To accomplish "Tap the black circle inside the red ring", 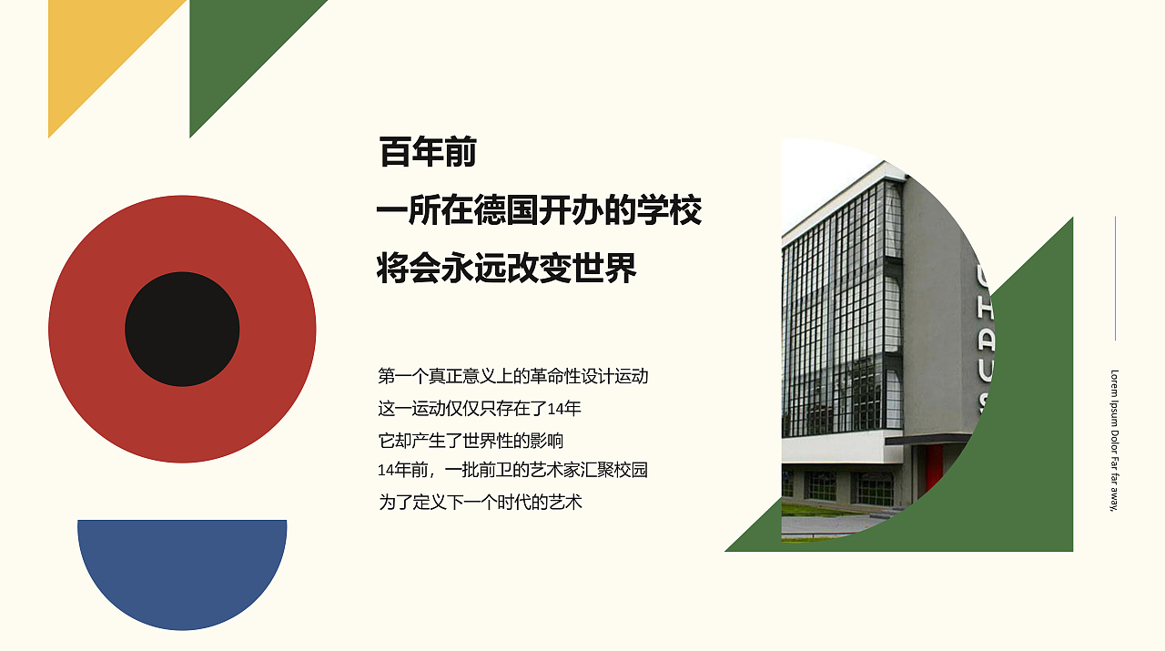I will pyautogui.click(x=182, y=329).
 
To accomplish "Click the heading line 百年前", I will pyautogui.click(x=428, y=153).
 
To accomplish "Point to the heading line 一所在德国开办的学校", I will pyautogui.click(x=539, y=211).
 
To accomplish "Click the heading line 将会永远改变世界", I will pyautogui.click(x=506, y=269).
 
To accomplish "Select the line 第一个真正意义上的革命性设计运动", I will pyautogui.click(x=512, y=375).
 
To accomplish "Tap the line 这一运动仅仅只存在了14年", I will pyautogui.click(x=480, y=408).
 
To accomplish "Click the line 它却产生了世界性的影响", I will pyautogui.click(x=471, y=441).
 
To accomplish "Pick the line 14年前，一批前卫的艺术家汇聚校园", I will pyautogui.click(x=512, y=470).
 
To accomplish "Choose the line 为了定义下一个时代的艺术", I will pyautogui.click(x=480, y=502).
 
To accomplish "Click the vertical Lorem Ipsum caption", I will pyautogui.click(x=1114, y=440).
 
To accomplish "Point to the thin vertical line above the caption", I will pyautogui.click(x=1115, y=278).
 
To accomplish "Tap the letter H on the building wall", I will pyautogui.click(x=985, y=313).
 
